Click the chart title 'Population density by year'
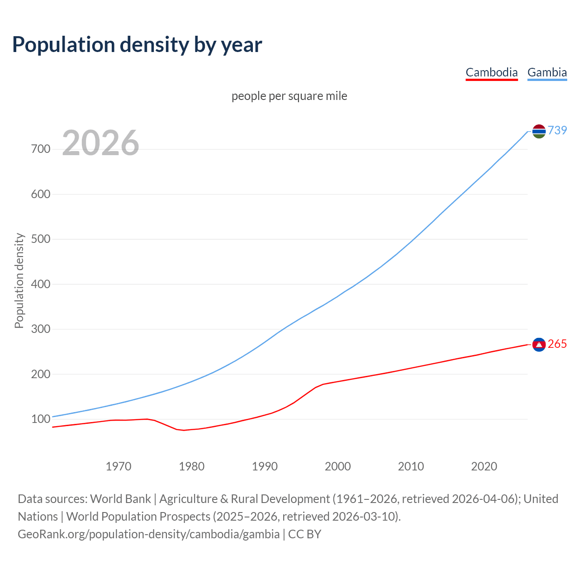(137, 44)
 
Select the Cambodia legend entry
(491, 72)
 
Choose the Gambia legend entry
(547, 72)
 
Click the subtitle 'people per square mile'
(289, 96)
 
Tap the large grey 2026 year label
(100, 143)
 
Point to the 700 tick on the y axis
(41, 149)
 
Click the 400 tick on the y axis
(41, 284)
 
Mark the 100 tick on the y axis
(41, 419)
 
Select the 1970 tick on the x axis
(119, 466)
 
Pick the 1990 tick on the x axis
(265, 466)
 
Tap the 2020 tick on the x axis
(484, 466)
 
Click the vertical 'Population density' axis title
(19, 280)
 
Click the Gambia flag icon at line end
(539, 131)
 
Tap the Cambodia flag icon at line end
(539, 345)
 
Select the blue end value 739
(557, 130)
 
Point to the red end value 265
(557, 344)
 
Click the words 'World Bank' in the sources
(120, 498)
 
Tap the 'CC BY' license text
(304, 534)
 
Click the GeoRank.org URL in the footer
(148, 534)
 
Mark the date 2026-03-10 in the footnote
(365, 516)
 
